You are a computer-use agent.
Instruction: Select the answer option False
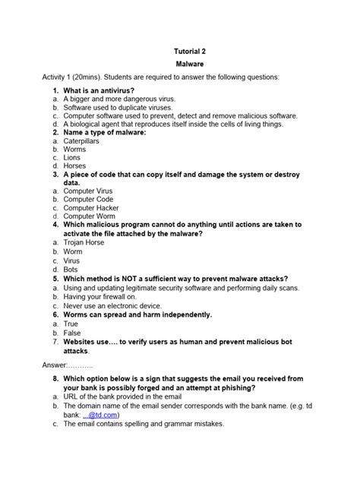[73, 333]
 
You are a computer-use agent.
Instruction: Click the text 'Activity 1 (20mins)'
[81, 77]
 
